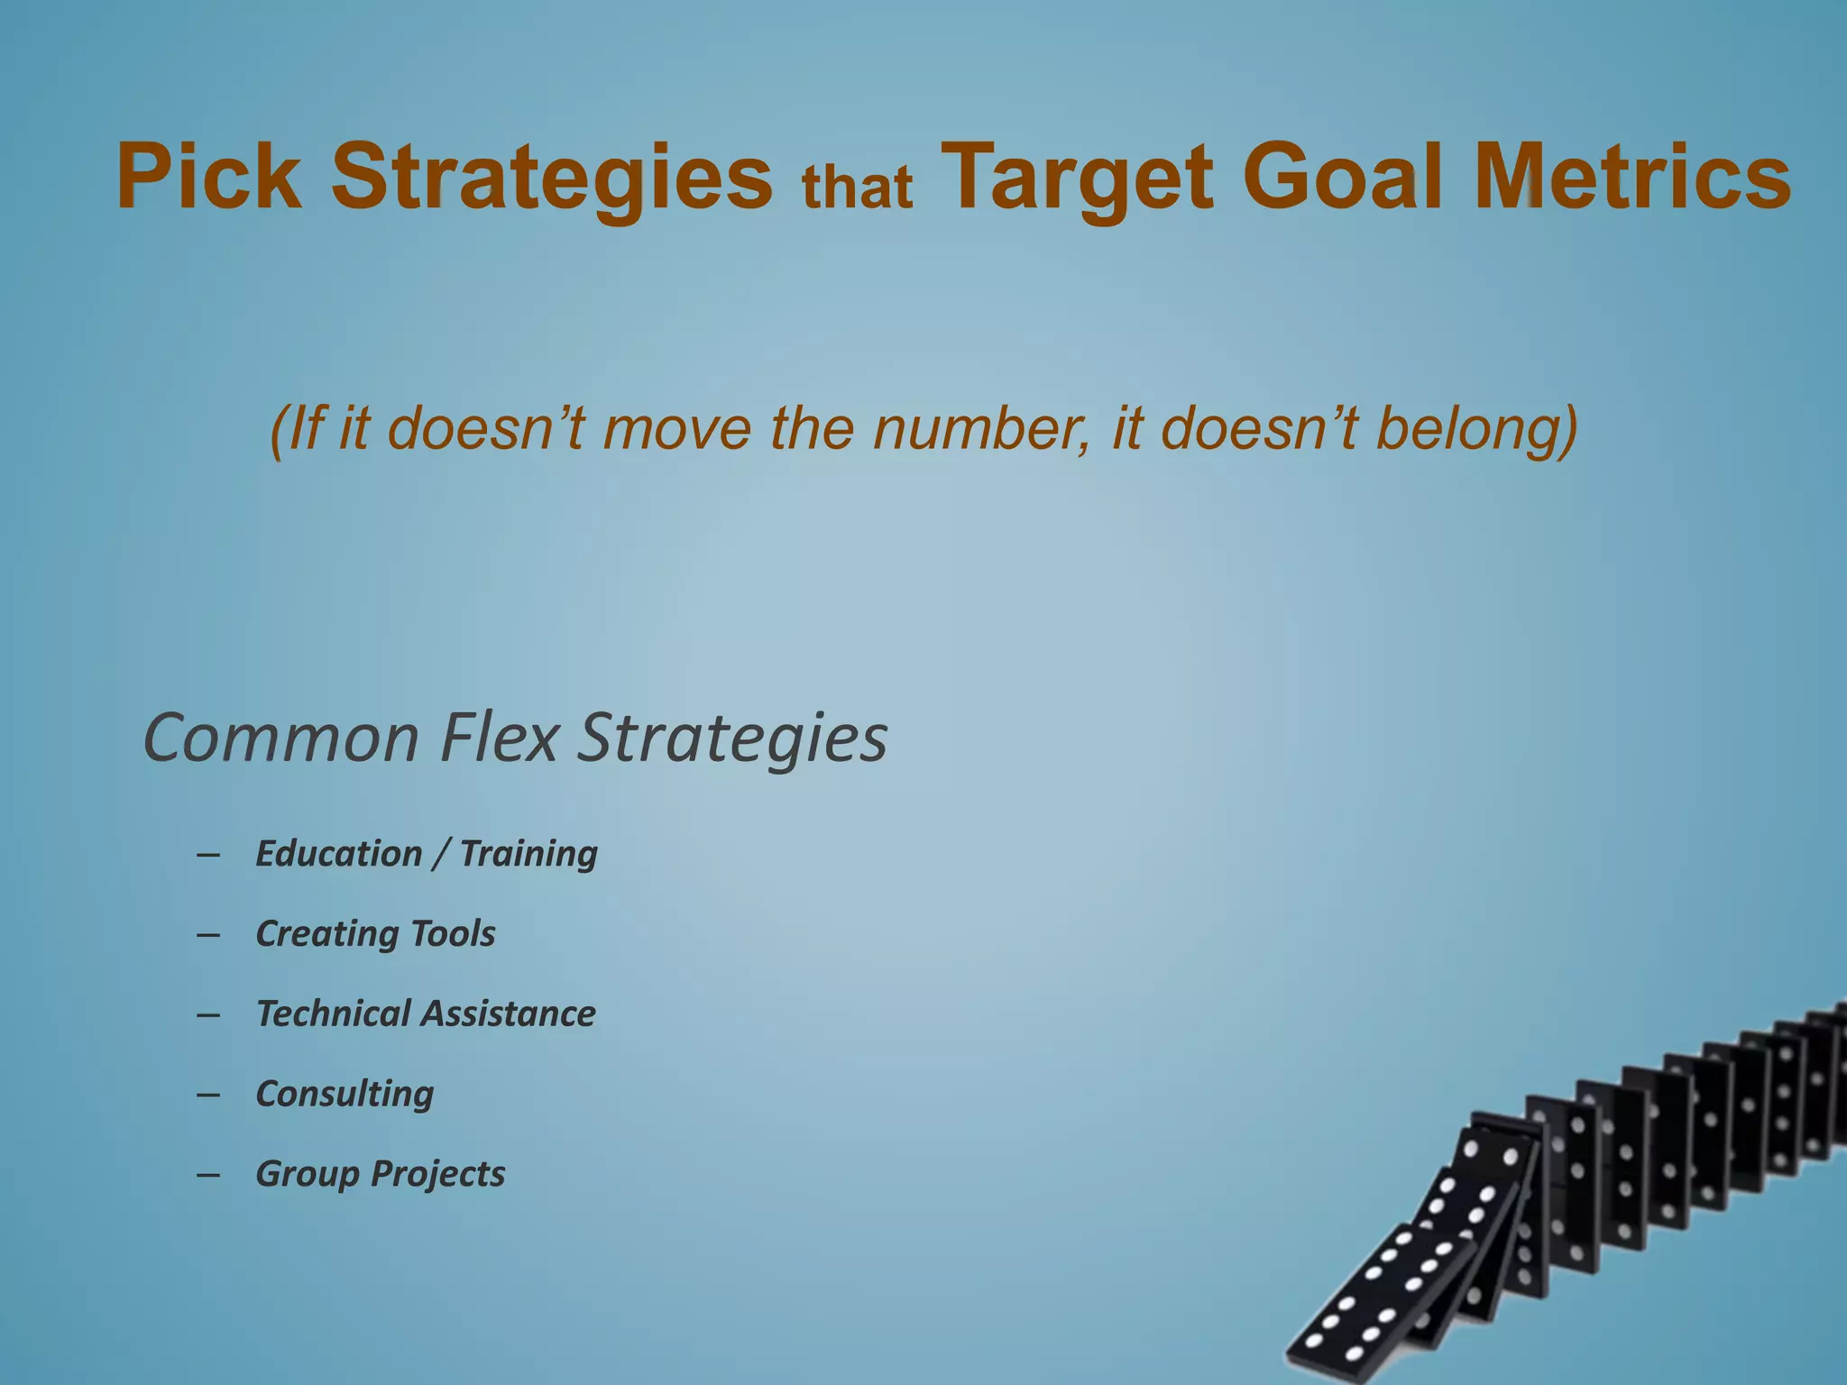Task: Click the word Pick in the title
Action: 209,178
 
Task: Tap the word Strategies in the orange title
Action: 552,178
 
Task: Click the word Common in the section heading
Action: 281,738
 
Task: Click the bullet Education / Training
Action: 427,853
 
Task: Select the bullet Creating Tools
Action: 375,933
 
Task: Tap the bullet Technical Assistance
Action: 426,1014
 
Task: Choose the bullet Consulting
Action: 345,1094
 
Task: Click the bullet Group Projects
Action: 380,1174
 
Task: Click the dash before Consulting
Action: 208,1095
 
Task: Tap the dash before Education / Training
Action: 208,854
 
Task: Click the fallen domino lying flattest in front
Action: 1380,1303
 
